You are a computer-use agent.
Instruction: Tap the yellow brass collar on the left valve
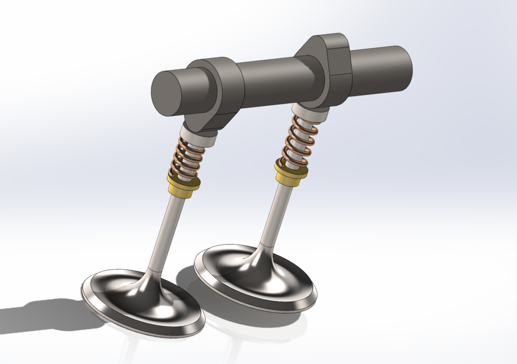coord(183,183)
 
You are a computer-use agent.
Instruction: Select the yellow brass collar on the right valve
coord(291,174)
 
